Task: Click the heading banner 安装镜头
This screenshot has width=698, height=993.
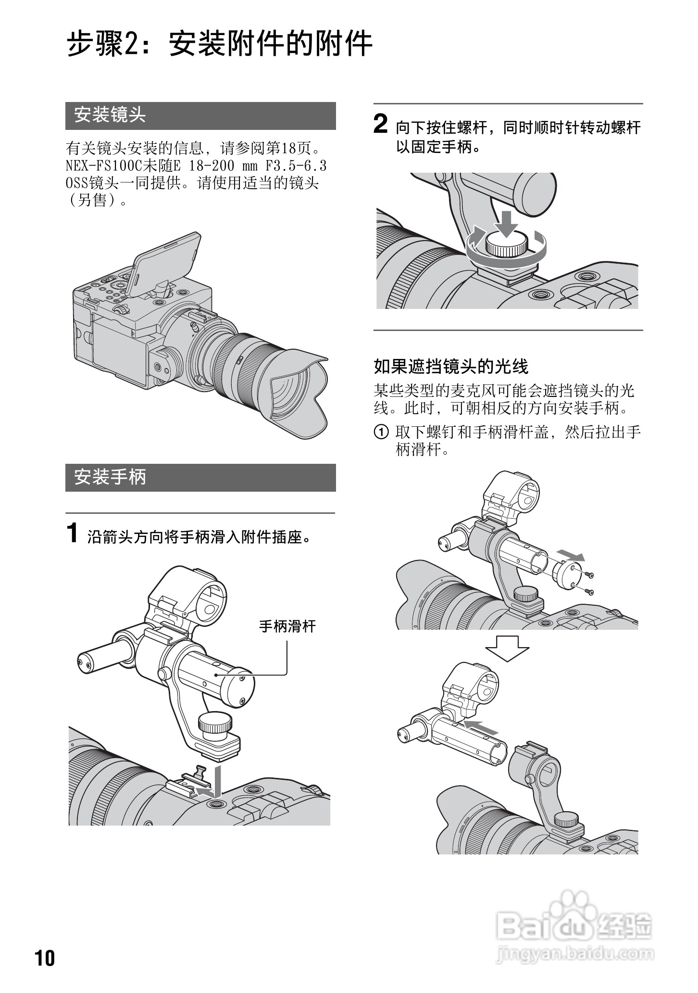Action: [x=200, y=115]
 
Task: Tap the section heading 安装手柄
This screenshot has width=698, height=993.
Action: [x=200, y=477]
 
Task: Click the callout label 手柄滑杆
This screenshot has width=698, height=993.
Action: [x=287, y=626]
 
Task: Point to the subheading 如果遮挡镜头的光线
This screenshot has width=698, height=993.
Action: [x=451, y=367]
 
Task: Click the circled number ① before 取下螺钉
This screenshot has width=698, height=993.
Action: [x=381, y=432]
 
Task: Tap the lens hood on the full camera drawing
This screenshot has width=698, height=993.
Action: [x=298, y=395]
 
